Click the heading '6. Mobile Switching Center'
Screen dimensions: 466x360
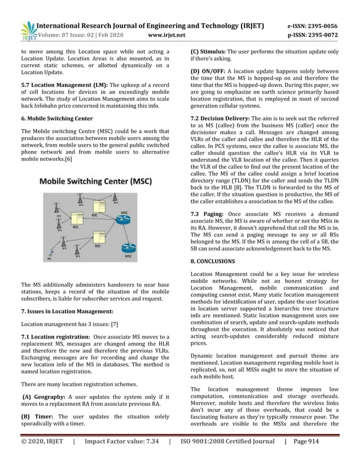coord(56,119)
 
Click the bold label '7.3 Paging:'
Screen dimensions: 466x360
coord(208,230)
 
